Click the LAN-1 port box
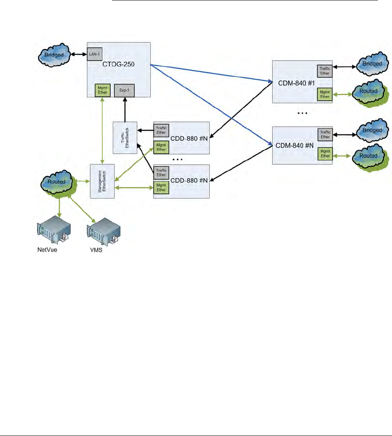[x=94, y=54]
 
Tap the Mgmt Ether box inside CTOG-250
[x=102, y=90]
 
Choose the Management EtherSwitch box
[x=102, y=181]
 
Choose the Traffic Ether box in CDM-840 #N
[x=325, y=134]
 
